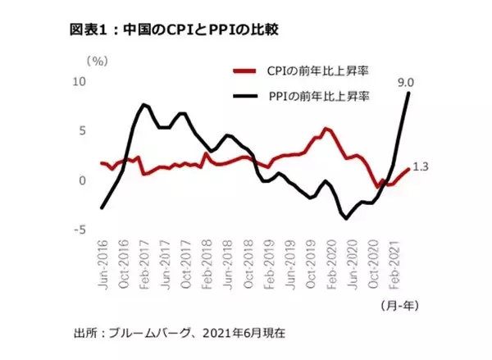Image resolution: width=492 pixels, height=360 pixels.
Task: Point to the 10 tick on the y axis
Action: (x=80, y=81)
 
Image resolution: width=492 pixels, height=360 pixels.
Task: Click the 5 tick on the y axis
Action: (x=82, y=130)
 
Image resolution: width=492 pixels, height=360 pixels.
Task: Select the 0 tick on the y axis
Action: (x=82, y=180)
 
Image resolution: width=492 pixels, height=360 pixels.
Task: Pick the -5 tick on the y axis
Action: (x=80, y=230)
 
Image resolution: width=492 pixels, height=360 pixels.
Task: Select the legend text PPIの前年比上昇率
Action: (x=319, y=96)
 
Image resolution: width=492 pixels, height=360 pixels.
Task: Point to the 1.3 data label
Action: (x=420, y=167)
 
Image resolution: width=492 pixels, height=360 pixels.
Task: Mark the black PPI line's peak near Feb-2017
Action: (x=144, y=104)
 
